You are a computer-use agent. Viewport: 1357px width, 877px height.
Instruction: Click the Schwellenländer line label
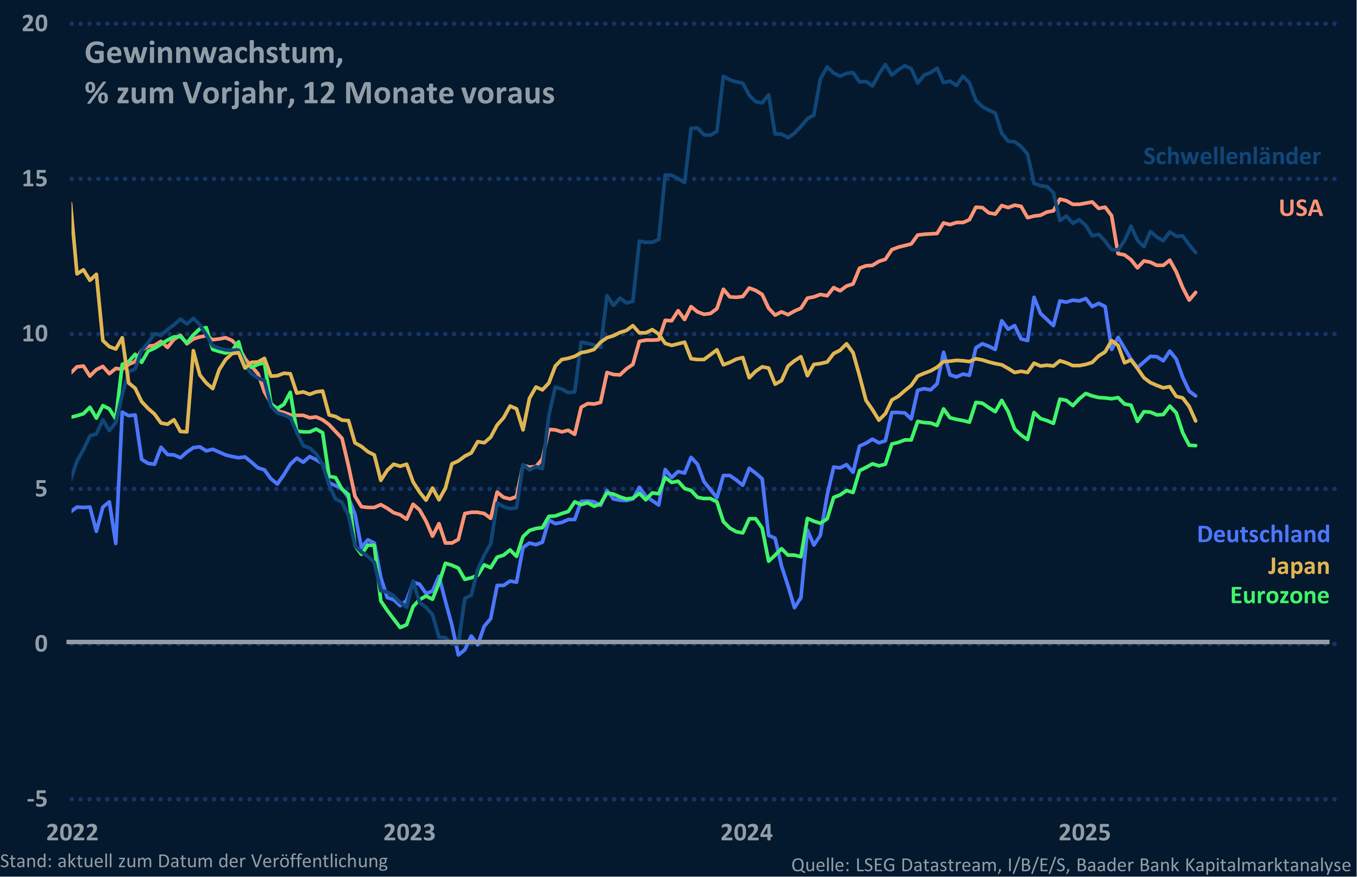(1232, 156)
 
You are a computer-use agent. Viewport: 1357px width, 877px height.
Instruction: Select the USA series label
(1301, 208)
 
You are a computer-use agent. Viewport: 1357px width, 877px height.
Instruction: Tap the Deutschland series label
(1263, 534)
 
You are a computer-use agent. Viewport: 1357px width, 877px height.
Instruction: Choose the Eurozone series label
(1279, 596)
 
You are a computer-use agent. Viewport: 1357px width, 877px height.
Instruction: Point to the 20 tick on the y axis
(35, 23)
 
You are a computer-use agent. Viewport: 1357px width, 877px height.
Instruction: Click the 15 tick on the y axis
(35, 179)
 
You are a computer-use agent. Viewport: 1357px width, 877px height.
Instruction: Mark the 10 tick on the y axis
(35, 334)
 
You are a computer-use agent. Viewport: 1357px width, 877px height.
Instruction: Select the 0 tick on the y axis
(41, 643)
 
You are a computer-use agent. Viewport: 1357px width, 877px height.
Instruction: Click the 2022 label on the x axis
(72, 833)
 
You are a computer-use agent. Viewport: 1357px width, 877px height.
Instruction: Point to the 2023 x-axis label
(409, 833)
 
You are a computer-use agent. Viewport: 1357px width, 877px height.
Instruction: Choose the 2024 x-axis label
(747, 833)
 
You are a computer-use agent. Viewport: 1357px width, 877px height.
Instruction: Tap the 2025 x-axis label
(1084, 833)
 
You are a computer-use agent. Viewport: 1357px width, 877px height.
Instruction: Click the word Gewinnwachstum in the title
(213, 53)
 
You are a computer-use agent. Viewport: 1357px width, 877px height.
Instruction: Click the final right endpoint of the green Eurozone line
(1196, 445)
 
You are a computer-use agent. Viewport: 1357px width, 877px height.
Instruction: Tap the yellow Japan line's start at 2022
(72, 203)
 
